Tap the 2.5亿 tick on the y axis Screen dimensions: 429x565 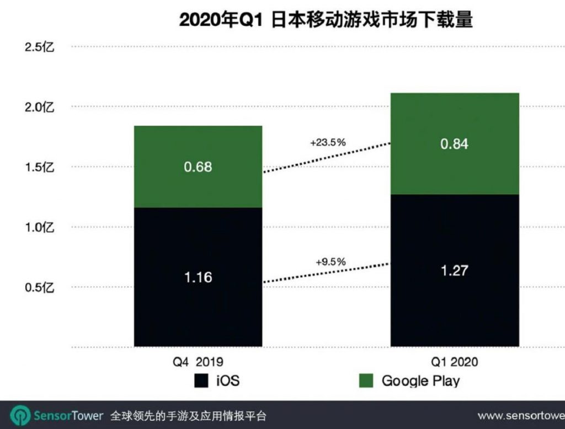click(39, 47)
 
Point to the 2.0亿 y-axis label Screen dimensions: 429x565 click(39, 107)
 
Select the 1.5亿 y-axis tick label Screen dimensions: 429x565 click(39, 167)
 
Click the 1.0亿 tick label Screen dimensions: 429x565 click(39, 227)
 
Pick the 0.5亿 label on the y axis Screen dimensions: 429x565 click(39, 287)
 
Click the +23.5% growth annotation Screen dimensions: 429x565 click(328, 142)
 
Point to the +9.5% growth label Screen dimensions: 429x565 click(330, 262)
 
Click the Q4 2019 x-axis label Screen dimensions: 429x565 click(198, 362)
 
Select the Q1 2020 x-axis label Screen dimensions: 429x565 click(455, 362)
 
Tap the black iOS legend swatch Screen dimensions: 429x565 click(201, 380)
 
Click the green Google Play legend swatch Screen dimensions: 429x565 click(366, 380)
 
